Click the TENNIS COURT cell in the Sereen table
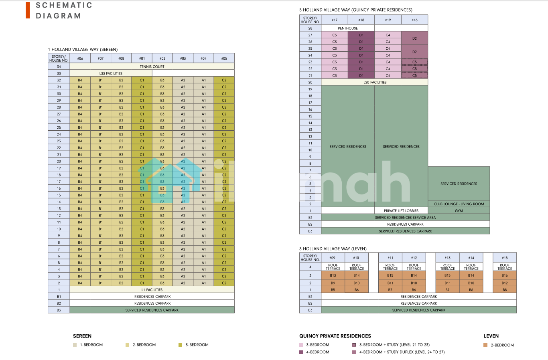(x=152, y=67)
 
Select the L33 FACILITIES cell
(x=111, y=73)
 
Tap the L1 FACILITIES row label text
(x=152, y=289)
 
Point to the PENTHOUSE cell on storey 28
(x=348, y=28)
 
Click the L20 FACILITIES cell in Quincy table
(x=375, y=82)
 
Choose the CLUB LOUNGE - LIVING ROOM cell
(x=459, y=204)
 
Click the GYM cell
(x=459, y=210)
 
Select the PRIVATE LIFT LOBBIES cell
(x=401, y=210)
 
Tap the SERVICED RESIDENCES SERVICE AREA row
(x=405, y=217)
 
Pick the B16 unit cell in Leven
(x=505, y=275)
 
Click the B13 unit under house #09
(x=333, y=275)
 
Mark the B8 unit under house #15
(x=505, y=289)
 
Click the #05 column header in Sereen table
(x=224, y=59)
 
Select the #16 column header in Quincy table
(x=414, y=20)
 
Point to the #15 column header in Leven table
(x=505, y=258)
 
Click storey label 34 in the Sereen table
(x=59, y=67)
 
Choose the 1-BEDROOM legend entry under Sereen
(x=91, y=345)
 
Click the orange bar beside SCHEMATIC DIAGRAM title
(x=28, y=10)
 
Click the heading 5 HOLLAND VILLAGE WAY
(x=355, y=10)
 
